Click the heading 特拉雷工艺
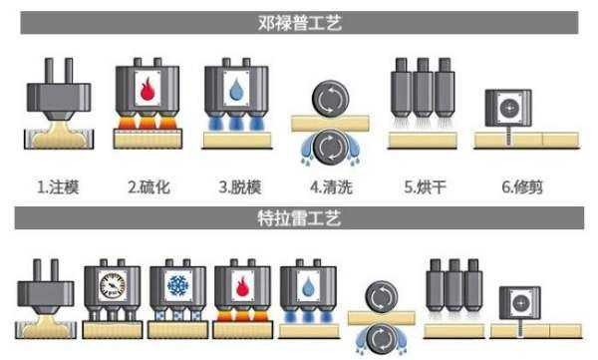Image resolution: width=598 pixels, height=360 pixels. click(x=299, y=217)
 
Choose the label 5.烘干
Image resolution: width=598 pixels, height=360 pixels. click(x=422, y=185)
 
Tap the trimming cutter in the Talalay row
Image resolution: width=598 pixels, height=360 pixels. click(x=523, y=302)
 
